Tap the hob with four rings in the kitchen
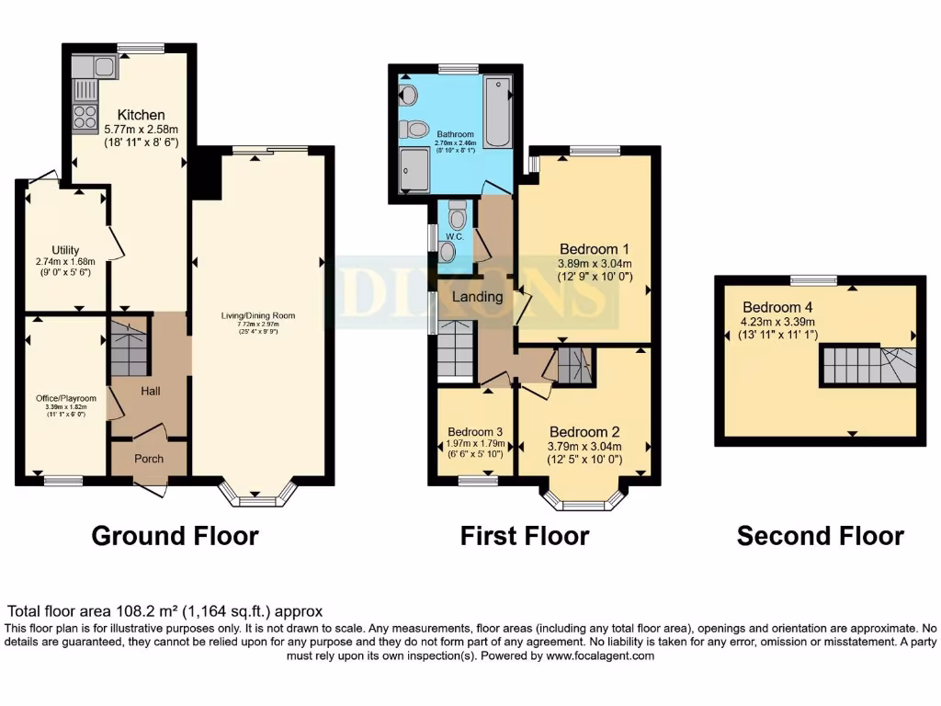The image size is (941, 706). coord(85,117)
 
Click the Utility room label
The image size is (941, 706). coord(64,250)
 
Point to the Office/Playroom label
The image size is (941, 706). coord(64,399)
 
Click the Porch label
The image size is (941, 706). coord(149,459)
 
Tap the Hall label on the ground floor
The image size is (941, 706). coord(151,392)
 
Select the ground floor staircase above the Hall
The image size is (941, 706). coord(129,349)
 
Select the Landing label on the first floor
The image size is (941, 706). coord(477,297)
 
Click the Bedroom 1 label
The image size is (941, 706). coord(595,248)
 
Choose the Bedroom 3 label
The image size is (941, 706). coord(474,432)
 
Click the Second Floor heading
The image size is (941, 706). coord(820,536)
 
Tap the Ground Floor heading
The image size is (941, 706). coord(175,536)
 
